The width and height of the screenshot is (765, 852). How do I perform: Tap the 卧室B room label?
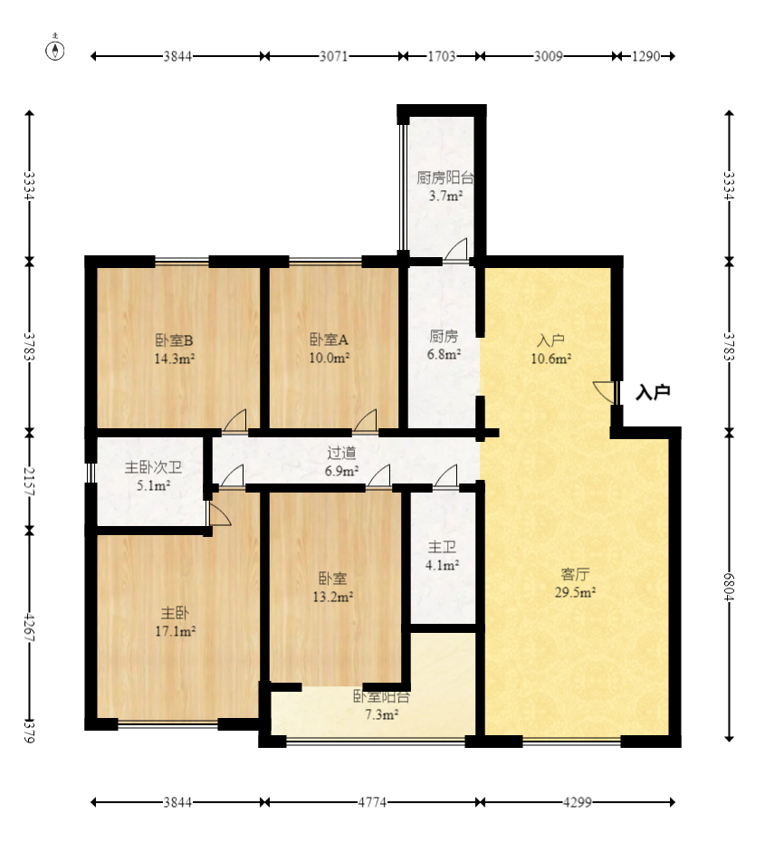point(175,340)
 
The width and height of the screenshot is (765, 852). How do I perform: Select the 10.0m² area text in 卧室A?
point(329,358)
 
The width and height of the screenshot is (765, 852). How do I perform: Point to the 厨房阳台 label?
point(445,177)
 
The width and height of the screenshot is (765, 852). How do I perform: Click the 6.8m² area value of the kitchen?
point(444,354)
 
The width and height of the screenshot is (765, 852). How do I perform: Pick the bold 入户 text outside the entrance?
point(653,392)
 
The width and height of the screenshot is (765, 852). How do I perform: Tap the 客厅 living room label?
point(575,574)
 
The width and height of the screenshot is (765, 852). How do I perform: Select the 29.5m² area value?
point(575,592)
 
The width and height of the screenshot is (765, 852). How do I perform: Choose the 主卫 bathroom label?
point(442,547)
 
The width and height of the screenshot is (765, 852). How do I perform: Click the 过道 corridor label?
point(341,453)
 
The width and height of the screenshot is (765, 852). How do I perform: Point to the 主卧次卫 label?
point(153,467)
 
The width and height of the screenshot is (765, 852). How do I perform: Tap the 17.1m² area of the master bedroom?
point(175,631)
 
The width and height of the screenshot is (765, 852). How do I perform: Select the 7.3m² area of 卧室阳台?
point(381,714)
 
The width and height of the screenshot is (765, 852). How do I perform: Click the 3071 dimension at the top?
point(333,56)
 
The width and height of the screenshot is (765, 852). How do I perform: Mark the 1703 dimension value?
point(441,56)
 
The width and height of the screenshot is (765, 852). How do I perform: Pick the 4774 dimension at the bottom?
point(372,802)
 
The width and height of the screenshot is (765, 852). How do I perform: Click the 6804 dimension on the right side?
point(729,588)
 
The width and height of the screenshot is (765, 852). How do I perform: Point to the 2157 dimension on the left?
point(29,482)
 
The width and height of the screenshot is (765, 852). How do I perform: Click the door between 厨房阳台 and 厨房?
point(456,251)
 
